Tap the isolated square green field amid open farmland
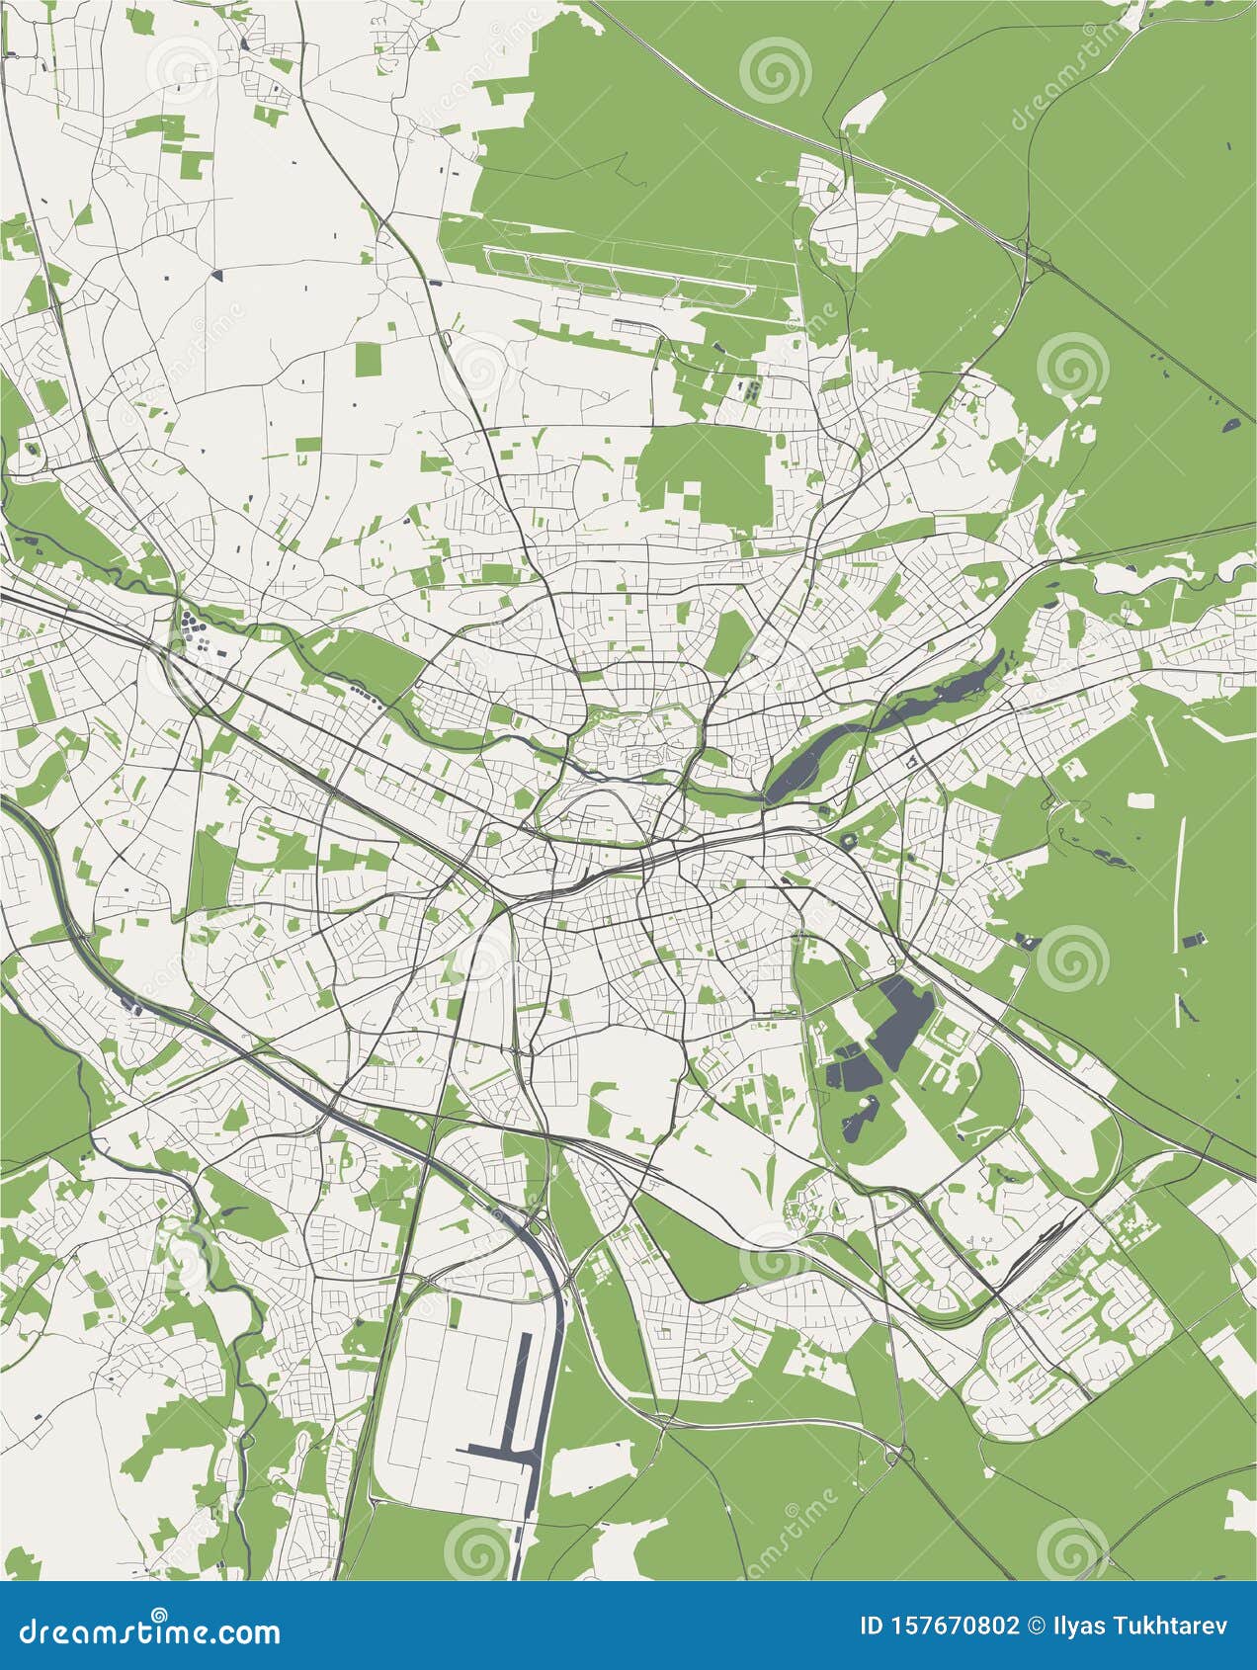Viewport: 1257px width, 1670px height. tap(368, 359)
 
